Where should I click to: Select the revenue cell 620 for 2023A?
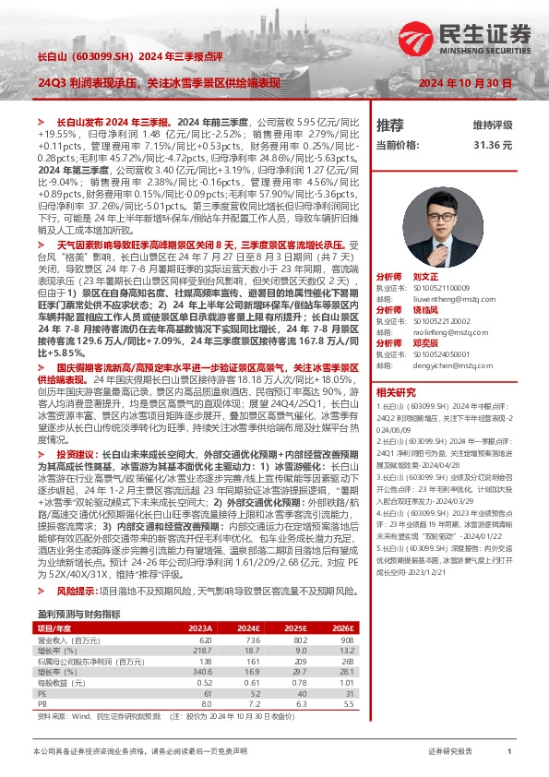coord(205,639)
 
